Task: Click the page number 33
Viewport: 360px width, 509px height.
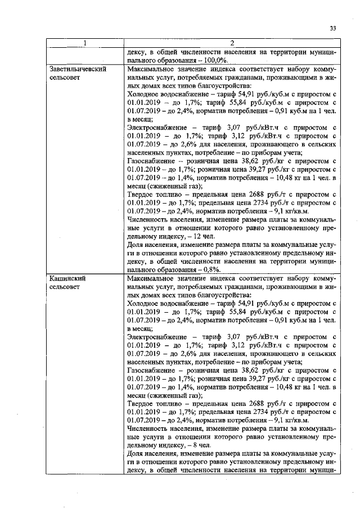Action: click(x=332, y=29)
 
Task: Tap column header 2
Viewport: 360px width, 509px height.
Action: click(x=231, y=43)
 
